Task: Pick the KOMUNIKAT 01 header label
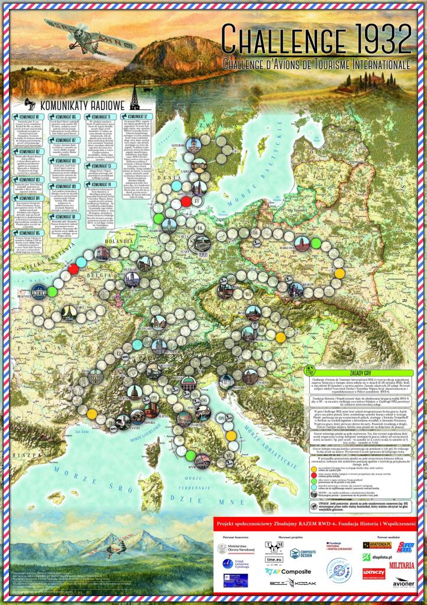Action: (x=29, y=116)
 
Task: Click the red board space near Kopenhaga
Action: (x=186, y=201)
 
